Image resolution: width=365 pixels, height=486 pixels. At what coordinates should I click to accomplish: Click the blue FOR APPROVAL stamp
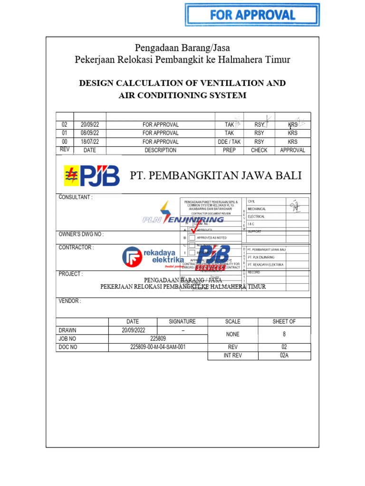[252, 15]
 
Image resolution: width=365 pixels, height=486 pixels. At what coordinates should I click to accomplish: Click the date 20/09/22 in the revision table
[89, 125]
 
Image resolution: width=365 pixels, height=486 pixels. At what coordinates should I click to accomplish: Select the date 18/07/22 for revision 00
[89, 142]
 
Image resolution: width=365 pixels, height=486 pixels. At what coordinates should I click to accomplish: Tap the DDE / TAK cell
[229, 142]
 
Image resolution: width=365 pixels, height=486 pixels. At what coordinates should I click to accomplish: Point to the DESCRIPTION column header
[160, 150]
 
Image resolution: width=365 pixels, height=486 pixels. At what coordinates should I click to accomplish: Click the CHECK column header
[259, 150]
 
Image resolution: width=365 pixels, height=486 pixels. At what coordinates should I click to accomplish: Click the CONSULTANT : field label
[76, 197]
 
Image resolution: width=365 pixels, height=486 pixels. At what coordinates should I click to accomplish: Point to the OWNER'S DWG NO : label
[81, 234]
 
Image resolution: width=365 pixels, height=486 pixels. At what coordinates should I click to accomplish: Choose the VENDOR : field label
[70, 301]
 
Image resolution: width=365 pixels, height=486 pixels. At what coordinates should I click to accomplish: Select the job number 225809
[158, 339]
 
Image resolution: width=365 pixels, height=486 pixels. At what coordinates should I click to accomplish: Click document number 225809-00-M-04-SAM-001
[158, 347]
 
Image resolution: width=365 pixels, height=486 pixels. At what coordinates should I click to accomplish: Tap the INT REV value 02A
[284, 355]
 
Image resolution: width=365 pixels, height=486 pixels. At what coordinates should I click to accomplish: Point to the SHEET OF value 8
[284, 334]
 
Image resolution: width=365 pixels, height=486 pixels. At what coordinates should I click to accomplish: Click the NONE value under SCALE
[233, 334]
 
